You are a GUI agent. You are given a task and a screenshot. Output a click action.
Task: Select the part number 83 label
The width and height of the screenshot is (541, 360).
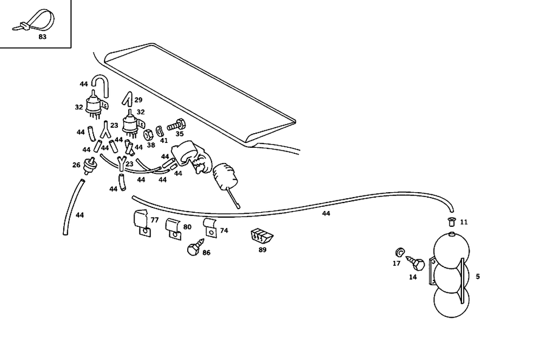(42, 37)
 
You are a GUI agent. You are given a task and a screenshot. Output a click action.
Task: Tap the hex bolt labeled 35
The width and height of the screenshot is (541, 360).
(177, 125)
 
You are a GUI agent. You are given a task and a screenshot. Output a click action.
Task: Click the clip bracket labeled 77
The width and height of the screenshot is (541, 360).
(142, 224)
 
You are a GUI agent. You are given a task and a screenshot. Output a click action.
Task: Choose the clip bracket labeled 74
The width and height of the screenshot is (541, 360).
(210, 227)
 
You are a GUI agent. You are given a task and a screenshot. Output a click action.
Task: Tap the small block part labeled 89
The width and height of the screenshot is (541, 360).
(261, 237)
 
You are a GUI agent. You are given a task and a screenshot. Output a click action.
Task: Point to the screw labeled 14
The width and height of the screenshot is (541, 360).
(417, 265)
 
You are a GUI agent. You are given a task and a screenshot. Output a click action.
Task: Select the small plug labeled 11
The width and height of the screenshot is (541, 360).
(451, 221)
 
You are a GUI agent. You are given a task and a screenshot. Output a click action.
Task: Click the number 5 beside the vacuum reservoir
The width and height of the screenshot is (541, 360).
(477, 276)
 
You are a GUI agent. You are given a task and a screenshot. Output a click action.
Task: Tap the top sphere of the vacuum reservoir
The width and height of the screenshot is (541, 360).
(452, 249)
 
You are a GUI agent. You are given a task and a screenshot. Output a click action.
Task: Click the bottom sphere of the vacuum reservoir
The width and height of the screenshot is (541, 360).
(452, 303)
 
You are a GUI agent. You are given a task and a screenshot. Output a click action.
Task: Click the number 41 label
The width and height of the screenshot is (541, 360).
(163, 140)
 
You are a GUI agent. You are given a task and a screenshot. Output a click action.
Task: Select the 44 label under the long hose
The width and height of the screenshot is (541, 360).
(326, 214)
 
